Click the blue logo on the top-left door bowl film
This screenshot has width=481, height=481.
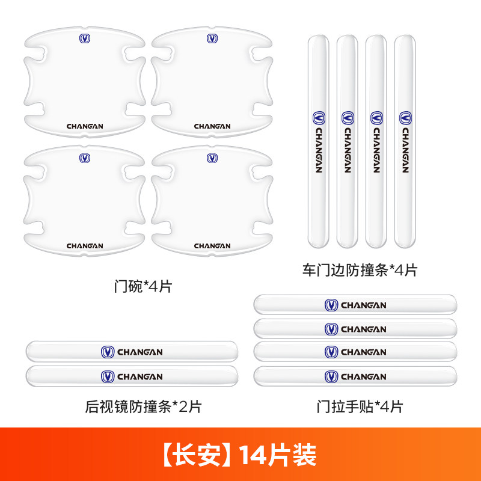pos(85,38)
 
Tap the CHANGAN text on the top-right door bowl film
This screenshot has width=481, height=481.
pos(212,126)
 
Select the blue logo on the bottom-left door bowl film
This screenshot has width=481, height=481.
pos(85,158)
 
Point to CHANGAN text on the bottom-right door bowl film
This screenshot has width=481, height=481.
pos(212,246)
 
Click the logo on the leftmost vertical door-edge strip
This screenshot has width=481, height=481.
pos(319,118)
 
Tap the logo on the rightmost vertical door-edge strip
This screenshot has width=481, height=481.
pos(405,118)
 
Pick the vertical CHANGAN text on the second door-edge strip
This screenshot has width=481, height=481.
pos(348,150)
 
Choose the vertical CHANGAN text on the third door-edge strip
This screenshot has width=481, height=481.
pos(376,150)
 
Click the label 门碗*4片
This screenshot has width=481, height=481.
pos(143,287)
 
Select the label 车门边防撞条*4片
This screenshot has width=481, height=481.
pos(360,270)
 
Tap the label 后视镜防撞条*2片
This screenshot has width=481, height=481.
pos(143,407)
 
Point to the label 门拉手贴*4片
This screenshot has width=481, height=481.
pos(360,407)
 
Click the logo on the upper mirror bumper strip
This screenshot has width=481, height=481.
pos(108,352)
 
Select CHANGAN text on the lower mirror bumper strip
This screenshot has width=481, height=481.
pos(140,377)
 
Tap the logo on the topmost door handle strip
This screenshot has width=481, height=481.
pos(331,305)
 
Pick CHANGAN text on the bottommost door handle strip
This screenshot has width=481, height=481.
pos(364,377)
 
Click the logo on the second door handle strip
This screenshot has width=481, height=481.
pos(331,329)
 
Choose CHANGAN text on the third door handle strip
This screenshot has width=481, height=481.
pos(364,352)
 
